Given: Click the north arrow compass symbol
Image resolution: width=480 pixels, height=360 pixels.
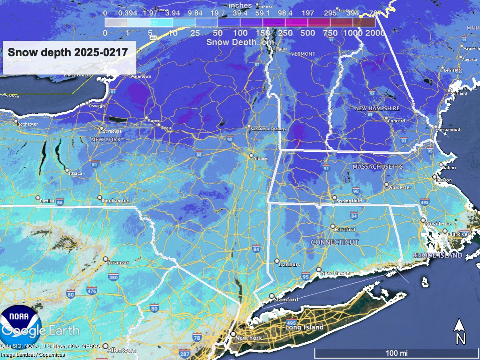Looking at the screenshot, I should point(460,331).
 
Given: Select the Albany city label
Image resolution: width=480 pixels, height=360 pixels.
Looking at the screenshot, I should point(260,159).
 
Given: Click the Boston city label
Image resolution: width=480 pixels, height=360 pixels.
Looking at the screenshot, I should point(443,180).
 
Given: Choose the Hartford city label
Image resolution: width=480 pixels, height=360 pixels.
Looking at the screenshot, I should point(345,230).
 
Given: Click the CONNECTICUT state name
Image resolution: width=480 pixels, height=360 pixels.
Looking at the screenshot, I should point(335,242).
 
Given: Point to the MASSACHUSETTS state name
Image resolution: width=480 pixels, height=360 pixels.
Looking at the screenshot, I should point(378,167).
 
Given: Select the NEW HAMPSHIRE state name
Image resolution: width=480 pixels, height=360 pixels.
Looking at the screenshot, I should point(377,108).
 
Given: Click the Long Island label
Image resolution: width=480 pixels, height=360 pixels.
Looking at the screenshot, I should point(305,327).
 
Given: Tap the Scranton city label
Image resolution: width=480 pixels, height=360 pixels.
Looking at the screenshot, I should point(119,263).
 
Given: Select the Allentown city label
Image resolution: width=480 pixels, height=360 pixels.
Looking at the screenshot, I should point(121,350).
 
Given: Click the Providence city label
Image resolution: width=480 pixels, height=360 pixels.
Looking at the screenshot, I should point(439,224).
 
